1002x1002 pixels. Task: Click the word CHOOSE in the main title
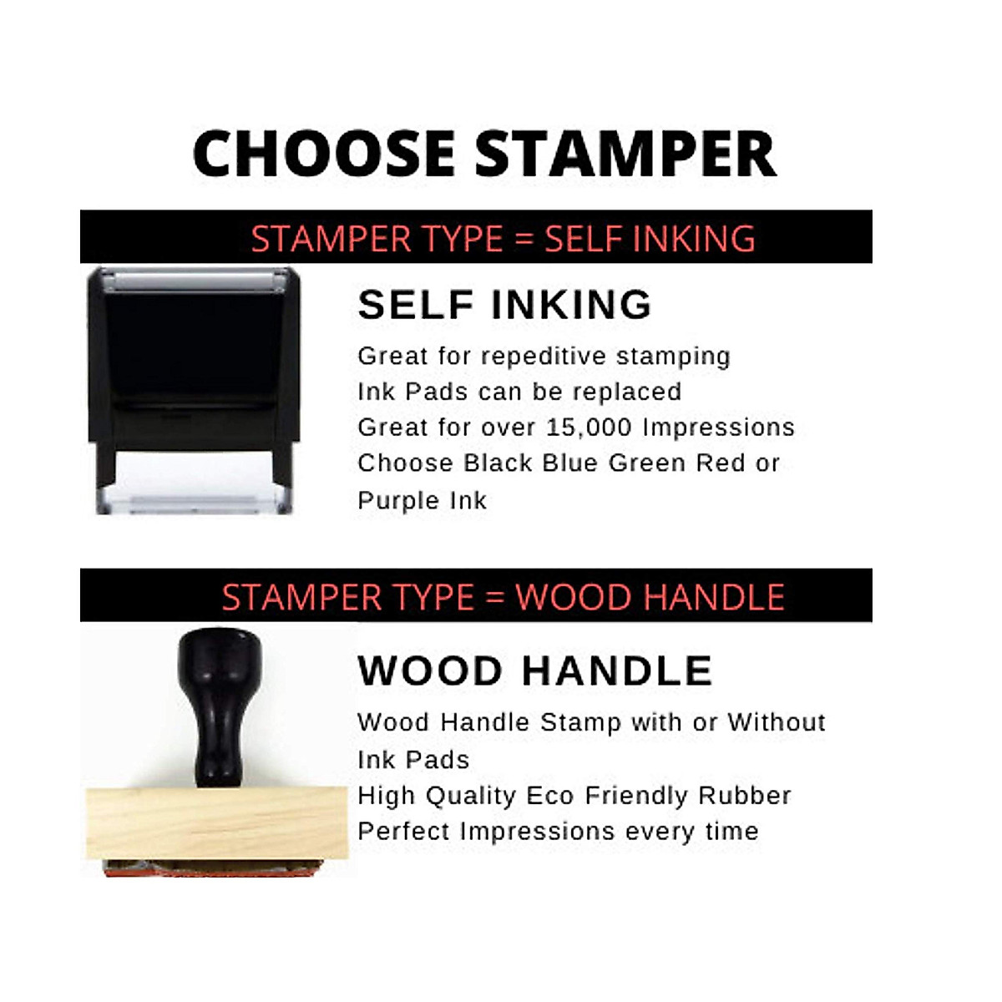(x=324, y=154)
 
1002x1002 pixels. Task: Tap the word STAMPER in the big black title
(x=625, y=154)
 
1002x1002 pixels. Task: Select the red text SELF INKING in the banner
(x=650, y=239)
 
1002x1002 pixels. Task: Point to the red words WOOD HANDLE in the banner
(x=650, y=597)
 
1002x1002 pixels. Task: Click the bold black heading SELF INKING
(x=504, y=305)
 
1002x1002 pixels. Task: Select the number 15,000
(x=590, y=428)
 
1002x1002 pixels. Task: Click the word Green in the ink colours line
(x=647, y=463)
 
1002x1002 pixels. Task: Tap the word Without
(x=777, y=722)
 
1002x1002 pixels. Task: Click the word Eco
(x=550, y=796)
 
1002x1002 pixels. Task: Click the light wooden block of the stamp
(x=216, y=823)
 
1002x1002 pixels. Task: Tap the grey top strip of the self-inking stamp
(x=194, y=281)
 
